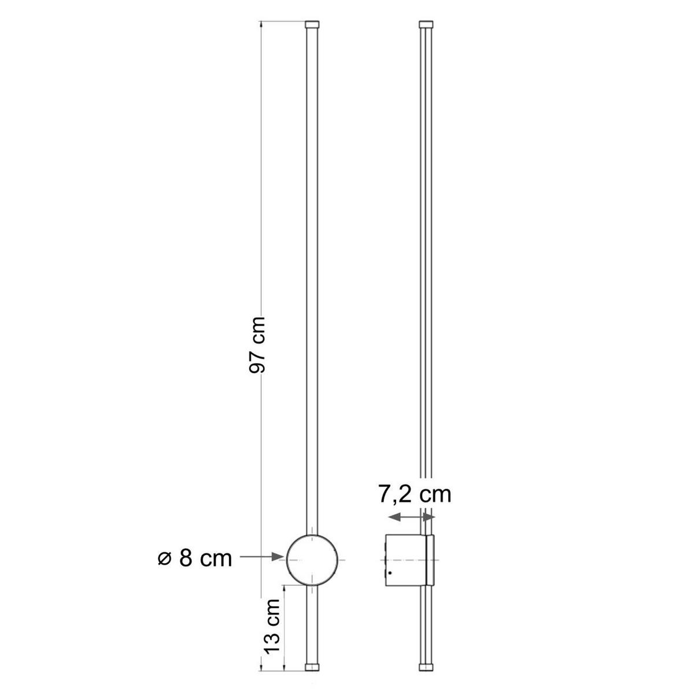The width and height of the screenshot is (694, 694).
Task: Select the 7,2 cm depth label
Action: coord(414,494)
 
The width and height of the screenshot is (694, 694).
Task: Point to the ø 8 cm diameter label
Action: coord(194,559)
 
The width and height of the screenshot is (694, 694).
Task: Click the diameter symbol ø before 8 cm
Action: coord(164,559)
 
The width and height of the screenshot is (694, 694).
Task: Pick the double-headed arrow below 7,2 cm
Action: coord(411,516)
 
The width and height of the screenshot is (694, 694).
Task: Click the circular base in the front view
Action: coord(312,559)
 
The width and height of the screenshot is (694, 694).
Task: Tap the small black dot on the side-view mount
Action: coord(391,573)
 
